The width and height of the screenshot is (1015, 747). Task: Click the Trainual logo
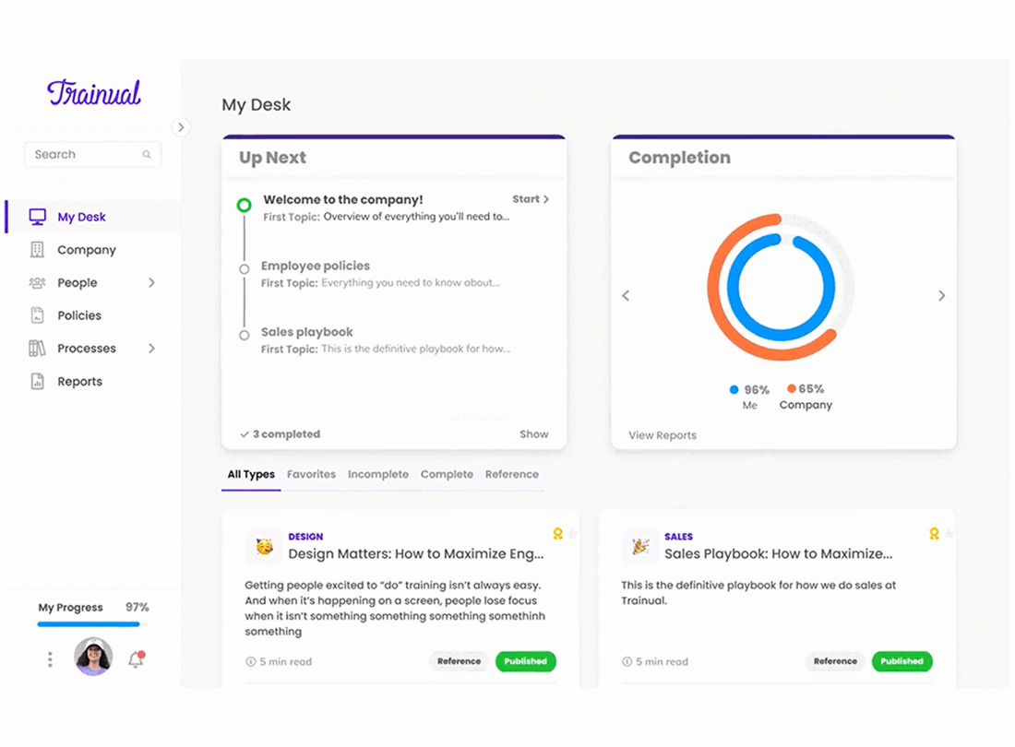(x=94, y=92)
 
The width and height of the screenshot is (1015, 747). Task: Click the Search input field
(x=92, y=155)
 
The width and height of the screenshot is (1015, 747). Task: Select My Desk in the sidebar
(x=81, y=218)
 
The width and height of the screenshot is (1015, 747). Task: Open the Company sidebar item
(x=86, y=250)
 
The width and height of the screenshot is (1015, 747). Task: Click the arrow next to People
(x=151, y=282)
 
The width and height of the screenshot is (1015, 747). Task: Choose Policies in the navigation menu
(x=79, y=315)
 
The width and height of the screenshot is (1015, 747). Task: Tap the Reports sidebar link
(x=79, y=382)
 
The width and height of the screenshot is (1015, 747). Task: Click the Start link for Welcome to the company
(x=531, y=199)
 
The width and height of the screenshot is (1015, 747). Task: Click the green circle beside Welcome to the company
(x=244, y=206)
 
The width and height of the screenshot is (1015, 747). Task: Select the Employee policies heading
(x=316, y=266)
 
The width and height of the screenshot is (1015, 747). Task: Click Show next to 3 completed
(x=534, y=434)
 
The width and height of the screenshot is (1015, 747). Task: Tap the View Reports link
(x=663, y=435)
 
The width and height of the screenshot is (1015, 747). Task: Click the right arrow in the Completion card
(x=942, y=295)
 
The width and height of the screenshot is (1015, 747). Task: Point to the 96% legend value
(x=757, y=389)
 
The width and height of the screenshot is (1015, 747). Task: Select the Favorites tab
(x=311, y=474)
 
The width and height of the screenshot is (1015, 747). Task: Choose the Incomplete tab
(x=378, y=474)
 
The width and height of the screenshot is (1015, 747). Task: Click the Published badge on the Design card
(x=526, y=661)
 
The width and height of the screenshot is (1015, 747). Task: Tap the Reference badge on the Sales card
(x=835, y=661)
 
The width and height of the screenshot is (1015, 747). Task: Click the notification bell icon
(x=136, y=659)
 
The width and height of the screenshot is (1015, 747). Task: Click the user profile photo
(x=93, y=657)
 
